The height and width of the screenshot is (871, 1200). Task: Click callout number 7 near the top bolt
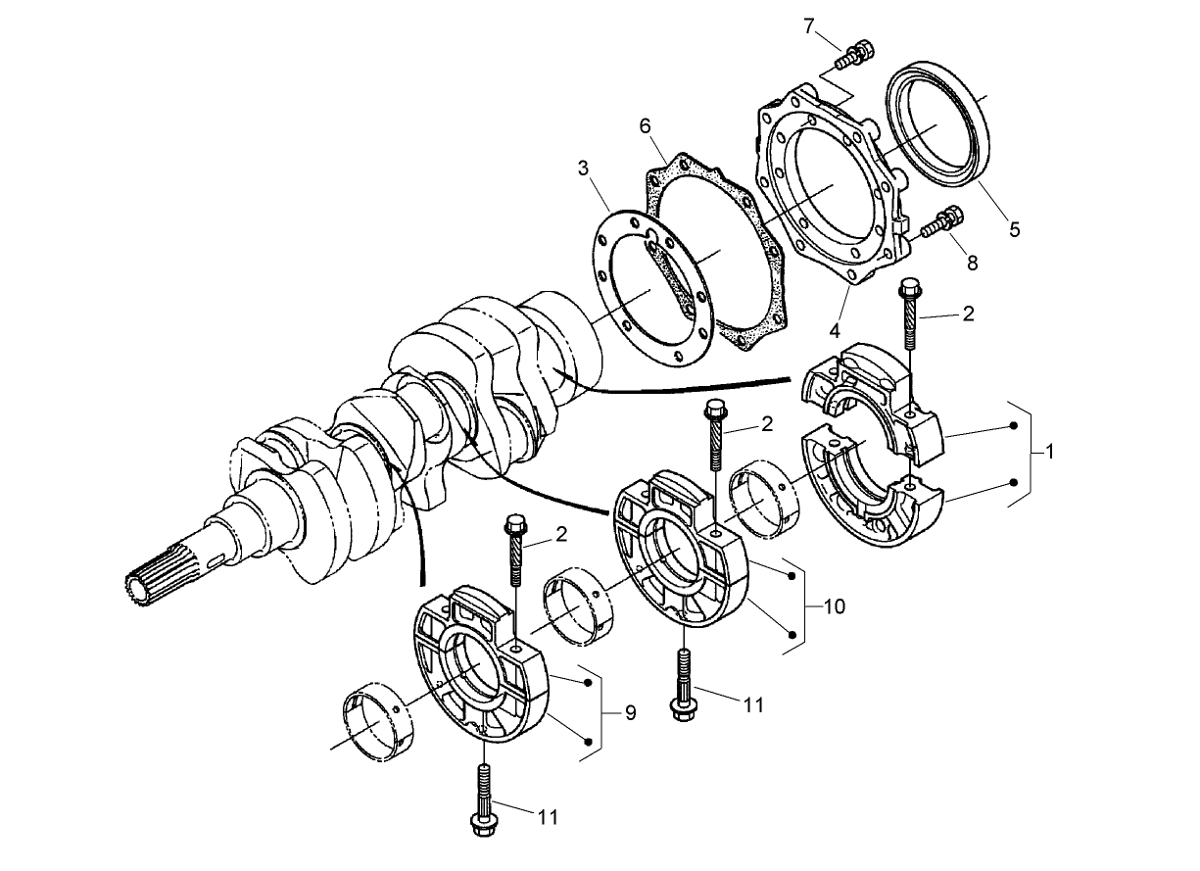click(x=809, y=26)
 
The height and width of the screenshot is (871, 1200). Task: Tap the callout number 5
click(x=1014, y=229)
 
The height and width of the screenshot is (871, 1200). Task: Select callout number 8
click(x=971, y=263)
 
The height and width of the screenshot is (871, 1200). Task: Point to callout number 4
click(x=835, y=331)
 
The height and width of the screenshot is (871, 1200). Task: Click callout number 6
click(x=645, y=126)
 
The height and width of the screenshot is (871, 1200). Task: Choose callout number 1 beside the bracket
click(x=1049, y=453)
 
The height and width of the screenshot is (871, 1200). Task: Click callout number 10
click(x=834, y=607)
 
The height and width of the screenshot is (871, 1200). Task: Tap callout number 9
click(x=630, y=713)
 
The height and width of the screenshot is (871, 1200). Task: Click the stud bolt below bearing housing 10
click(x=682, y=685)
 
